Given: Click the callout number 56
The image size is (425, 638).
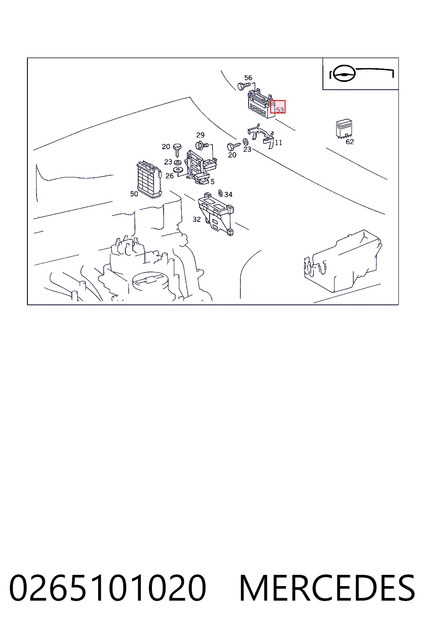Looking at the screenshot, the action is (248, 78).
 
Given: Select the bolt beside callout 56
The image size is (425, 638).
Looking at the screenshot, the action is (244, 86).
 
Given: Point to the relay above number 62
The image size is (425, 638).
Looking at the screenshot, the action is (344, 129).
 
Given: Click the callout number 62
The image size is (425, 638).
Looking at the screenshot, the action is (349, 142).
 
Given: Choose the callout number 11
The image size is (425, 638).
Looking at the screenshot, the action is (278, 142).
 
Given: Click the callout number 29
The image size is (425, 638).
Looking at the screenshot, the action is (200, 135).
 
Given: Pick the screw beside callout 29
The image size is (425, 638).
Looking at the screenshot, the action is (202, 145).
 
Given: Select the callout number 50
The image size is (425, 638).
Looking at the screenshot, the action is (134, 194).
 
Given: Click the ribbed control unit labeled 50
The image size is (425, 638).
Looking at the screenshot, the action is (149, 180).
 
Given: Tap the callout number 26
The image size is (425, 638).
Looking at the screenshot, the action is (170, 176).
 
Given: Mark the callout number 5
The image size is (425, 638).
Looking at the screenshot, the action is (212, 182).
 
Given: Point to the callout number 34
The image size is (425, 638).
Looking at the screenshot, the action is (228, 194).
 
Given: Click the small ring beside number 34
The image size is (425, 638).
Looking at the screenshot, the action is (220, 193).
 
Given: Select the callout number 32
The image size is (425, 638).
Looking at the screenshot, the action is (197, 219).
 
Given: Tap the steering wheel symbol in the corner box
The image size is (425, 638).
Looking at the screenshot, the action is (344, 74).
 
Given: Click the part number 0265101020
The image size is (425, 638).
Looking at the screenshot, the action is (107, 588).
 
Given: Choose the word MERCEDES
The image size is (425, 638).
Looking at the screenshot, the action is (327, 588).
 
